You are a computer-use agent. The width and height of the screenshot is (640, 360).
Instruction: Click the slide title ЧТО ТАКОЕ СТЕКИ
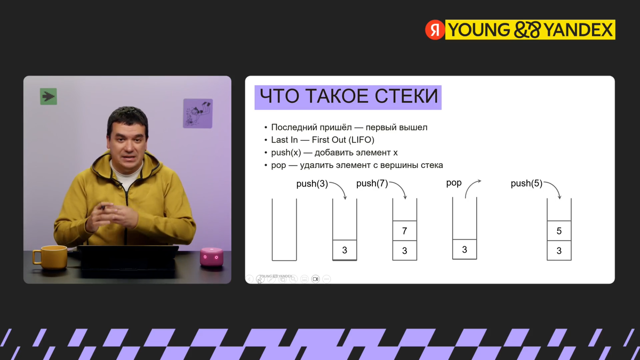click(348, 97)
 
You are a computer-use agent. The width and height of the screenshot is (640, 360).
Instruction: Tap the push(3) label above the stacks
click(312, 184)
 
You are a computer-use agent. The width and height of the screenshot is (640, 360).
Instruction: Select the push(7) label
click(372, 184)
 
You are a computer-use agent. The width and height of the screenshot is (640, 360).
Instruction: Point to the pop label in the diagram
click(454, 183)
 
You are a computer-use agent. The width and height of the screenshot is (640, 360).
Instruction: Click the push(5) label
click(526, 184)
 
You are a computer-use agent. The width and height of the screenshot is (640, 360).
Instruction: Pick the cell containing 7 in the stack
click(405, 231)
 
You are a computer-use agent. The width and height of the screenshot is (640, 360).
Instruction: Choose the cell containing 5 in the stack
click(559, 231)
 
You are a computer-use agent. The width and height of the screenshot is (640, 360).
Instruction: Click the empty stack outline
click(284, 229)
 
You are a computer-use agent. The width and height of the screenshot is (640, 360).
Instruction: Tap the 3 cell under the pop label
click(465, 250)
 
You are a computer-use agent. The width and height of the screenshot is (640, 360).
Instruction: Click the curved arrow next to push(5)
click(554, 190)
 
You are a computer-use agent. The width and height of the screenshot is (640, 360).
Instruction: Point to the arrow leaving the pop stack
click(473, 188)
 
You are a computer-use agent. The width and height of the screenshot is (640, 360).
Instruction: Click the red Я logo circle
click(435, 30)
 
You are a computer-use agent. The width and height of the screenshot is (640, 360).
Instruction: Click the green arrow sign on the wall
click(49, 97)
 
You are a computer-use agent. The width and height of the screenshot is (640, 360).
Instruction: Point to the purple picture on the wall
click(198, 113)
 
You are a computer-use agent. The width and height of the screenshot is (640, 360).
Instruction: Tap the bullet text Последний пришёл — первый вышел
click(349, 127)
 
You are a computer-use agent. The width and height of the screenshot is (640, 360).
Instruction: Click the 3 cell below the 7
click(405, 251)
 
